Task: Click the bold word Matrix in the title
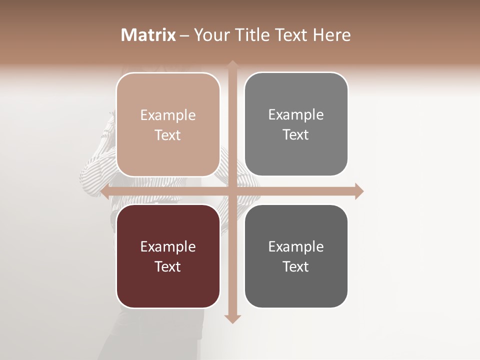pyautogui.click(x=148, y=35)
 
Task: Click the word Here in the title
pyautogui.click(x=331, y=35)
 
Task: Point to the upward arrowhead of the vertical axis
pyautogui.click(x=232, y=64)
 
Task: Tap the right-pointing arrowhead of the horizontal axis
pyautogui.click(x=359, y=191)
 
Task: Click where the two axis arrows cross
pyautogui.click(x=232, y=191)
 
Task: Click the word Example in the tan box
pyautogui.click(x=168, y=115)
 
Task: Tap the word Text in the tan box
pyautogui.click(x=168, y=135)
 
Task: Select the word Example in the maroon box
pyautogui.click(x=168, y=247)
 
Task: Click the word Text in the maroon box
pyautogui.click(x=168, y=267)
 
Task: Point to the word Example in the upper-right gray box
pyautogui.click(x=296, y=115)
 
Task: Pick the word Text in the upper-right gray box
pyautogui.click(x=296, y=135)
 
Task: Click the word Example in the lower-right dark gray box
pyautogui.click(x=296, y=247)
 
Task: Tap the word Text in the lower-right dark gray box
pyautogui.click(x=296, y=267)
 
